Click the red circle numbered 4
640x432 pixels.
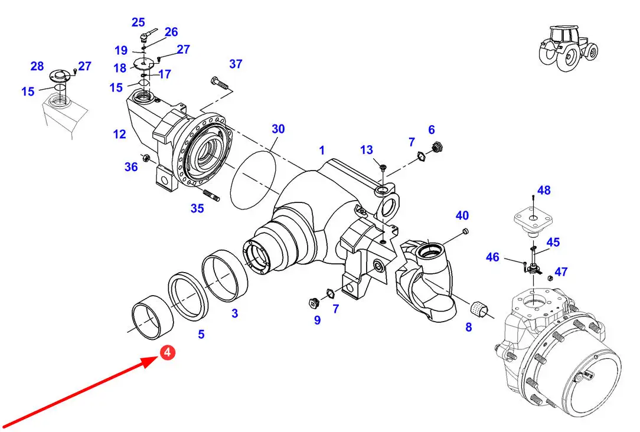click(x=167, y=353)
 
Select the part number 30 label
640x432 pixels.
click(x=278, y=129)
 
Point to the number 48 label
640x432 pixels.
click(x=544, y=191)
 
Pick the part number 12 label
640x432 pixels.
click(x=120, y=135)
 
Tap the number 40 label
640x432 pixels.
click(x=462, y=215)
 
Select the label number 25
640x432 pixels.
click(x=138, y=22)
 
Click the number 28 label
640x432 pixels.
click(x=37, y=66)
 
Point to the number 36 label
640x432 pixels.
click(x=131, y=167)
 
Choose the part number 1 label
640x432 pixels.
click(x=322, y=150)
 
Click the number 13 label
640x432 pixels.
click(x=367, y=150)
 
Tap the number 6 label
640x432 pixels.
click(x=432, y=130)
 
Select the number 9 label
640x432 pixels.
click(x=317, y=320)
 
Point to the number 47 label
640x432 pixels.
click(x=561, y=272)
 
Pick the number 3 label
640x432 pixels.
click(x=234, y=313)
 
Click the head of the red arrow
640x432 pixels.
click(x=150, y=361)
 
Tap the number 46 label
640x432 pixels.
click(x=492, y=257)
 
